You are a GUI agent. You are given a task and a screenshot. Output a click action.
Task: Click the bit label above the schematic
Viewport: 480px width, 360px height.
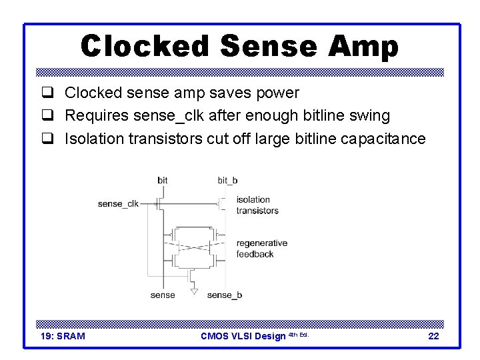pyautogui.click(x=163, y=180)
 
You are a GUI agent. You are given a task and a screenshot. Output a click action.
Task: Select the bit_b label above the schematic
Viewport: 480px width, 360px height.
pyautogui.click(x=227, y=180)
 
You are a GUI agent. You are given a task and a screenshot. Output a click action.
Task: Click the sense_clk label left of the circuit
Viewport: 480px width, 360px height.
pyautogui.click(x=118, y=203)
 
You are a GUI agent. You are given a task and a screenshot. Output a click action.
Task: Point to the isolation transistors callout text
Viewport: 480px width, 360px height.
pyautogui.click(x=257, y=205)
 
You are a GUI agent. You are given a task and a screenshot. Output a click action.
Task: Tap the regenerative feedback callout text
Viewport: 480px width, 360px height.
pyautogui.click(x=261, y=249)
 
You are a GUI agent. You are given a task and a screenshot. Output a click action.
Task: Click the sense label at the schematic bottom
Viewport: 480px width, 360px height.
pyautogui.click(x=163, y=295)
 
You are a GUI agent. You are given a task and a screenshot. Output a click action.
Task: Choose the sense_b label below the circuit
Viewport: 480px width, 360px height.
pyautogui.click(x=224, y=295)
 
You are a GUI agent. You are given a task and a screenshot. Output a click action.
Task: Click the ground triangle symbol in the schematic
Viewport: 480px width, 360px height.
pyautogui.click(x=194, y=291)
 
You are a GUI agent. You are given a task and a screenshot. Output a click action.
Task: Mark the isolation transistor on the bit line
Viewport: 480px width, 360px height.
pyautogui.click(x=160, y=203)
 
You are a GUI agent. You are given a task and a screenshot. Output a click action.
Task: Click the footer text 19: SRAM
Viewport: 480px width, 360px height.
pyautogui.click(x=63, y=336)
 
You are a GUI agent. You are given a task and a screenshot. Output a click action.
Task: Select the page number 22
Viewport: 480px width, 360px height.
pyautogui.click(x=433, y=336)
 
